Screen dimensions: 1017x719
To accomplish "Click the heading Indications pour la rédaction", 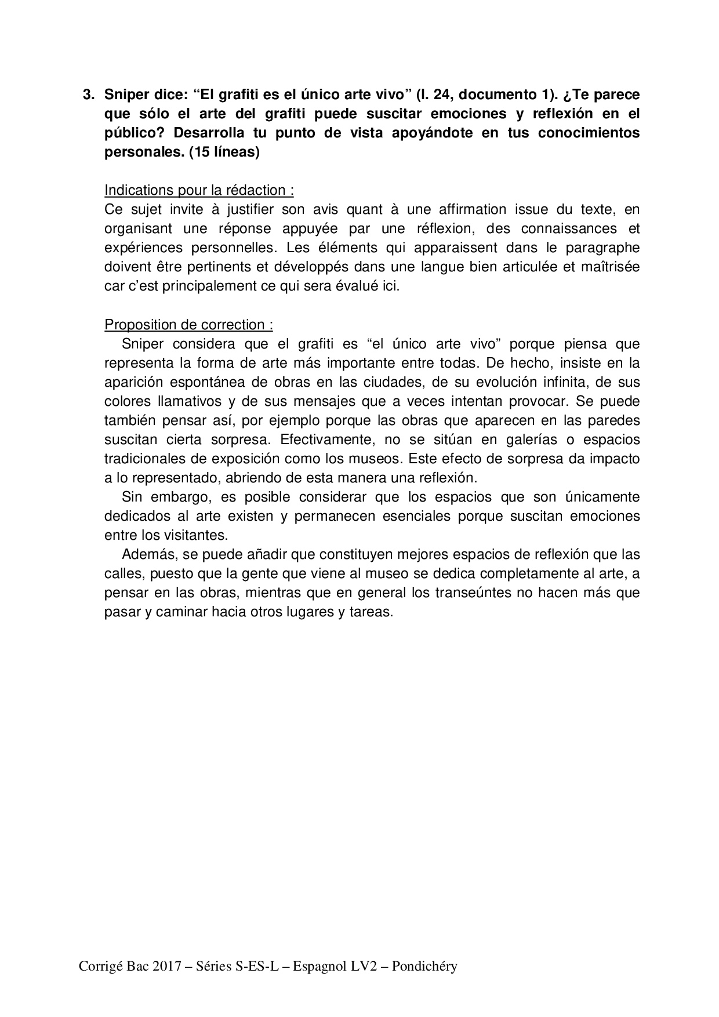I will pyautogui.click(x=199, y=190).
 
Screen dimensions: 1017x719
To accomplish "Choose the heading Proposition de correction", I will pyautogui.click(x=188, y=325).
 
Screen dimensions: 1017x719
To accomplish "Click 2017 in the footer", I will pyautogui.click(x=164, y=967).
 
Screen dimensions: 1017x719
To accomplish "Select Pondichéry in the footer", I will pyautogui.click(x=424, y=967).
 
